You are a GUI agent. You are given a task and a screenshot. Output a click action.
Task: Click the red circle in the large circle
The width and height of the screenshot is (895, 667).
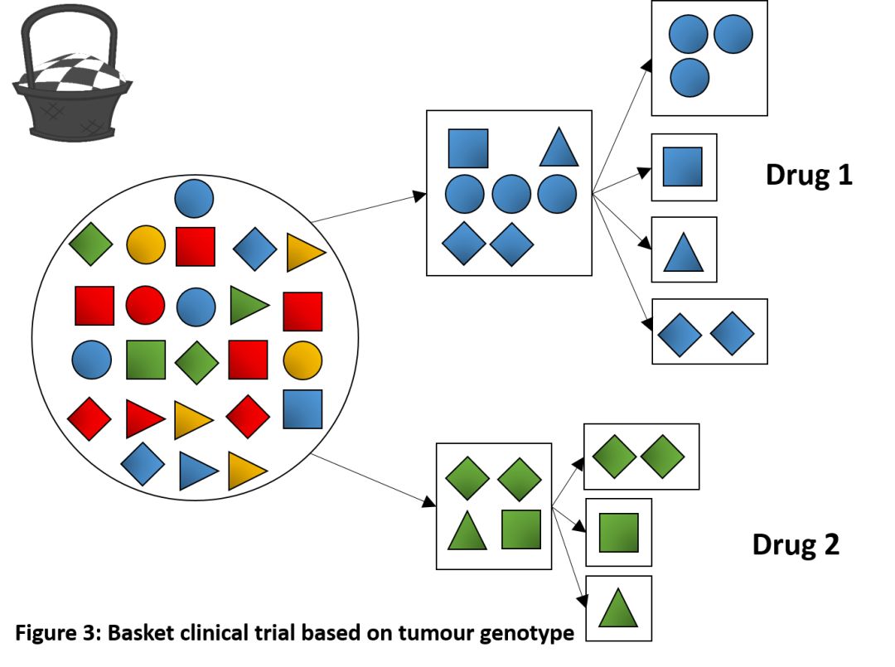point(146,305)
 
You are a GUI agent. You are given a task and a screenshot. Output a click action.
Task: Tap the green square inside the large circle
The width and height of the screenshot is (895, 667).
point(146,360)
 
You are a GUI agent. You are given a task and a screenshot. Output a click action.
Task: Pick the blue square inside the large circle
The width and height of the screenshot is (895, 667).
point(302,408)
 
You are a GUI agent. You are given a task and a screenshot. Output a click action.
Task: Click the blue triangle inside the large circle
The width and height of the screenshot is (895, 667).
point(198,471)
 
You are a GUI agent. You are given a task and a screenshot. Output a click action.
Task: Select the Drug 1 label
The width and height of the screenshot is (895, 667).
point(808,175)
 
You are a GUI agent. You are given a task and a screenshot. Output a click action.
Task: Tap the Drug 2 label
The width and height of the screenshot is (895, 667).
point(796,544)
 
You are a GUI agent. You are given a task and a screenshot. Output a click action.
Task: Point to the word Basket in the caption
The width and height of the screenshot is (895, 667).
point(137,634)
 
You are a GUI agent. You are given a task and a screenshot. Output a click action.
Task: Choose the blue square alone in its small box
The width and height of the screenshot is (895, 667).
point(683,167)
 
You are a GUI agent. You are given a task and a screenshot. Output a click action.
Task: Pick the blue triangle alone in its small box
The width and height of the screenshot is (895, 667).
point(683,252)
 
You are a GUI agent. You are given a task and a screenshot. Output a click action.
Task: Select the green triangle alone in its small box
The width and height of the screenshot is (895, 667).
point(617,609)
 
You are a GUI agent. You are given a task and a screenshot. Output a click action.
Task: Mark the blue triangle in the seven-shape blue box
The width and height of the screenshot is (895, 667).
point(559,147)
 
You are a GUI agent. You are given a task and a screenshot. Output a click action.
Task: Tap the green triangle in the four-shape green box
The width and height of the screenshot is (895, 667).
point(467,531)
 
